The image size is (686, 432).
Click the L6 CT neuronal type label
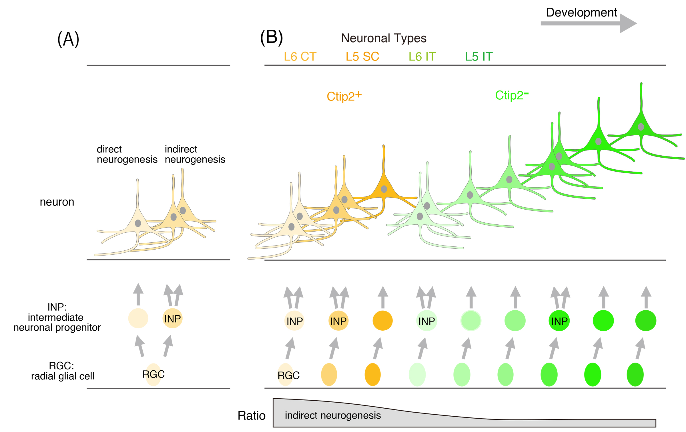[300, 57]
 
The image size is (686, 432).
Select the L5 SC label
[362, 57]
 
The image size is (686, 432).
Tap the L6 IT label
[422, 57]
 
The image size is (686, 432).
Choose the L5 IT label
[479, 57]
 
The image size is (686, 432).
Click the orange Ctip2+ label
[344, 96]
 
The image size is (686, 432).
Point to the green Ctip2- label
[512, 95]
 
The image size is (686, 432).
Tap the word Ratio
[252, 415]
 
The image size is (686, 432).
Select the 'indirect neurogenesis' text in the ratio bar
[333, 415]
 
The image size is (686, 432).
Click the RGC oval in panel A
[153, 374]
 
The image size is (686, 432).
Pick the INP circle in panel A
[172, 318]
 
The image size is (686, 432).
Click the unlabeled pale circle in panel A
[138, 318]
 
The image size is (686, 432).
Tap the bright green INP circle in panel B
[559, 321]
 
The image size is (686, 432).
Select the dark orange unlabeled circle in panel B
[382, 321]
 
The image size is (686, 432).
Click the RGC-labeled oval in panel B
[286, 375]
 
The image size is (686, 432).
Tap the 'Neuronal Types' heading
[384, 38]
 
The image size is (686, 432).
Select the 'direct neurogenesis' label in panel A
[127, 154]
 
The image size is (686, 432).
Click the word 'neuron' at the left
[57, 202]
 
